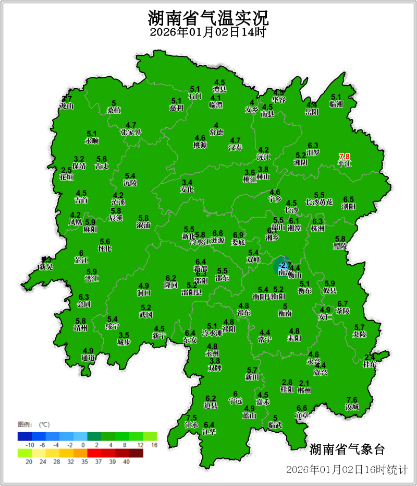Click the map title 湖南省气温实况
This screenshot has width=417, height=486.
208,19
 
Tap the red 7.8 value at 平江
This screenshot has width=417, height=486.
345,156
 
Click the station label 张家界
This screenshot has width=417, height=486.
131,132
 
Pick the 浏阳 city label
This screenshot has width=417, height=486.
348,207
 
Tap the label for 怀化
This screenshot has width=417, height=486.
105,248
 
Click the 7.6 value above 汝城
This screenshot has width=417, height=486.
352,399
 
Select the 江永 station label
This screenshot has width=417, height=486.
191,425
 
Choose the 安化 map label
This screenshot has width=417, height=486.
187,189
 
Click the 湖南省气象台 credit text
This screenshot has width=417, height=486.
347,449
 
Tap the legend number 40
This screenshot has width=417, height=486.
126,461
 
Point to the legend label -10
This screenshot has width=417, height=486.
30,444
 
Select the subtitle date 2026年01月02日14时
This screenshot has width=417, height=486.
208,32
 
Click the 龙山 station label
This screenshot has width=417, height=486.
67,106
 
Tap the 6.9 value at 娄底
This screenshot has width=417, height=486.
238,235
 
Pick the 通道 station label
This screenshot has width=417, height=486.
88,358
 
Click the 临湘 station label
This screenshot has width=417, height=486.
336,104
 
